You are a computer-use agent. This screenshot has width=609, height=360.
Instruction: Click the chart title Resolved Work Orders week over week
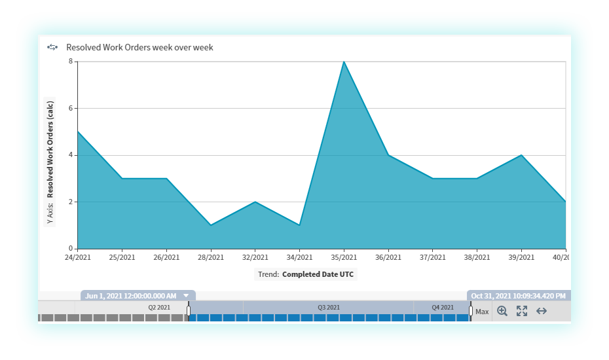139,47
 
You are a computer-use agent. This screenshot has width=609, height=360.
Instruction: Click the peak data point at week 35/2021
344,62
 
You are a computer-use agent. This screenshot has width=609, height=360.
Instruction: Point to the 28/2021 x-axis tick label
210,257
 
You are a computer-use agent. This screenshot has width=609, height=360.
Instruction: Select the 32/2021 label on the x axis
255,257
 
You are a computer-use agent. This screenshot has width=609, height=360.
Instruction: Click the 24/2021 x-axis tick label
77,257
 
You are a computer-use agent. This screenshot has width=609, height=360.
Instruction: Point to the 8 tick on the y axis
71,62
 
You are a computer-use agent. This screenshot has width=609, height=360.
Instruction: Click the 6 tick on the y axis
71,109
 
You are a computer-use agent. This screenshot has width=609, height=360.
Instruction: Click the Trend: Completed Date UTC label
306,274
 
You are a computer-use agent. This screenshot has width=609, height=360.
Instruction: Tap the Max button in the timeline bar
482,312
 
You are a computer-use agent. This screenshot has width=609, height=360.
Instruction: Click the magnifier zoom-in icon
502,312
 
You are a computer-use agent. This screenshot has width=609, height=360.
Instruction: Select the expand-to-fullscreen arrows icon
522,312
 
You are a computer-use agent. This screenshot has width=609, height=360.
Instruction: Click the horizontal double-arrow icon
542,312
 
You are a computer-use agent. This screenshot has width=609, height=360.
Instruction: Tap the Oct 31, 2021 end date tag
518,296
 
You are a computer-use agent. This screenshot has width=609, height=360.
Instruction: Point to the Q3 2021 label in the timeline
329,307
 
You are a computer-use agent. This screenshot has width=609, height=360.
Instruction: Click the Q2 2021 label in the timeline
159,307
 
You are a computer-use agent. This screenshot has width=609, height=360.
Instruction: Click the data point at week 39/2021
521,155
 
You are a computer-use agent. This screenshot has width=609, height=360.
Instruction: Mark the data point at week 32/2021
255,202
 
